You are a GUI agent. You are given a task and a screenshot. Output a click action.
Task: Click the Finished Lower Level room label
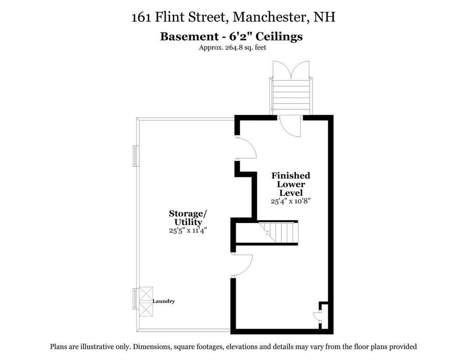pos(291,184)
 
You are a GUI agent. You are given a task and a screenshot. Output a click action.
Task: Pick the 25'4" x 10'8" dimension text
pos(291,201)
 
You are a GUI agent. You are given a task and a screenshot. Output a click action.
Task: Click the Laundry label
pos(164,301)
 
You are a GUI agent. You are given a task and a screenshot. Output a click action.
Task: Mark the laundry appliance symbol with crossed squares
pos(146,301)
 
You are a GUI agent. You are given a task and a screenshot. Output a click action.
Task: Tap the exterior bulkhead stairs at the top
pos(291,96)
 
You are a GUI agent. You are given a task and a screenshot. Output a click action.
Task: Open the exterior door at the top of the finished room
pos(290,126)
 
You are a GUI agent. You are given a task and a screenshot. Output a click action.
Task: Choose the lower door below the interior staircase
pos(242,266)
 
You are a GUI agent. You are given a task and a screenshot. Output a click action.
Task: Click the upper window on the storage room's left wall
pos(135,156)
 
